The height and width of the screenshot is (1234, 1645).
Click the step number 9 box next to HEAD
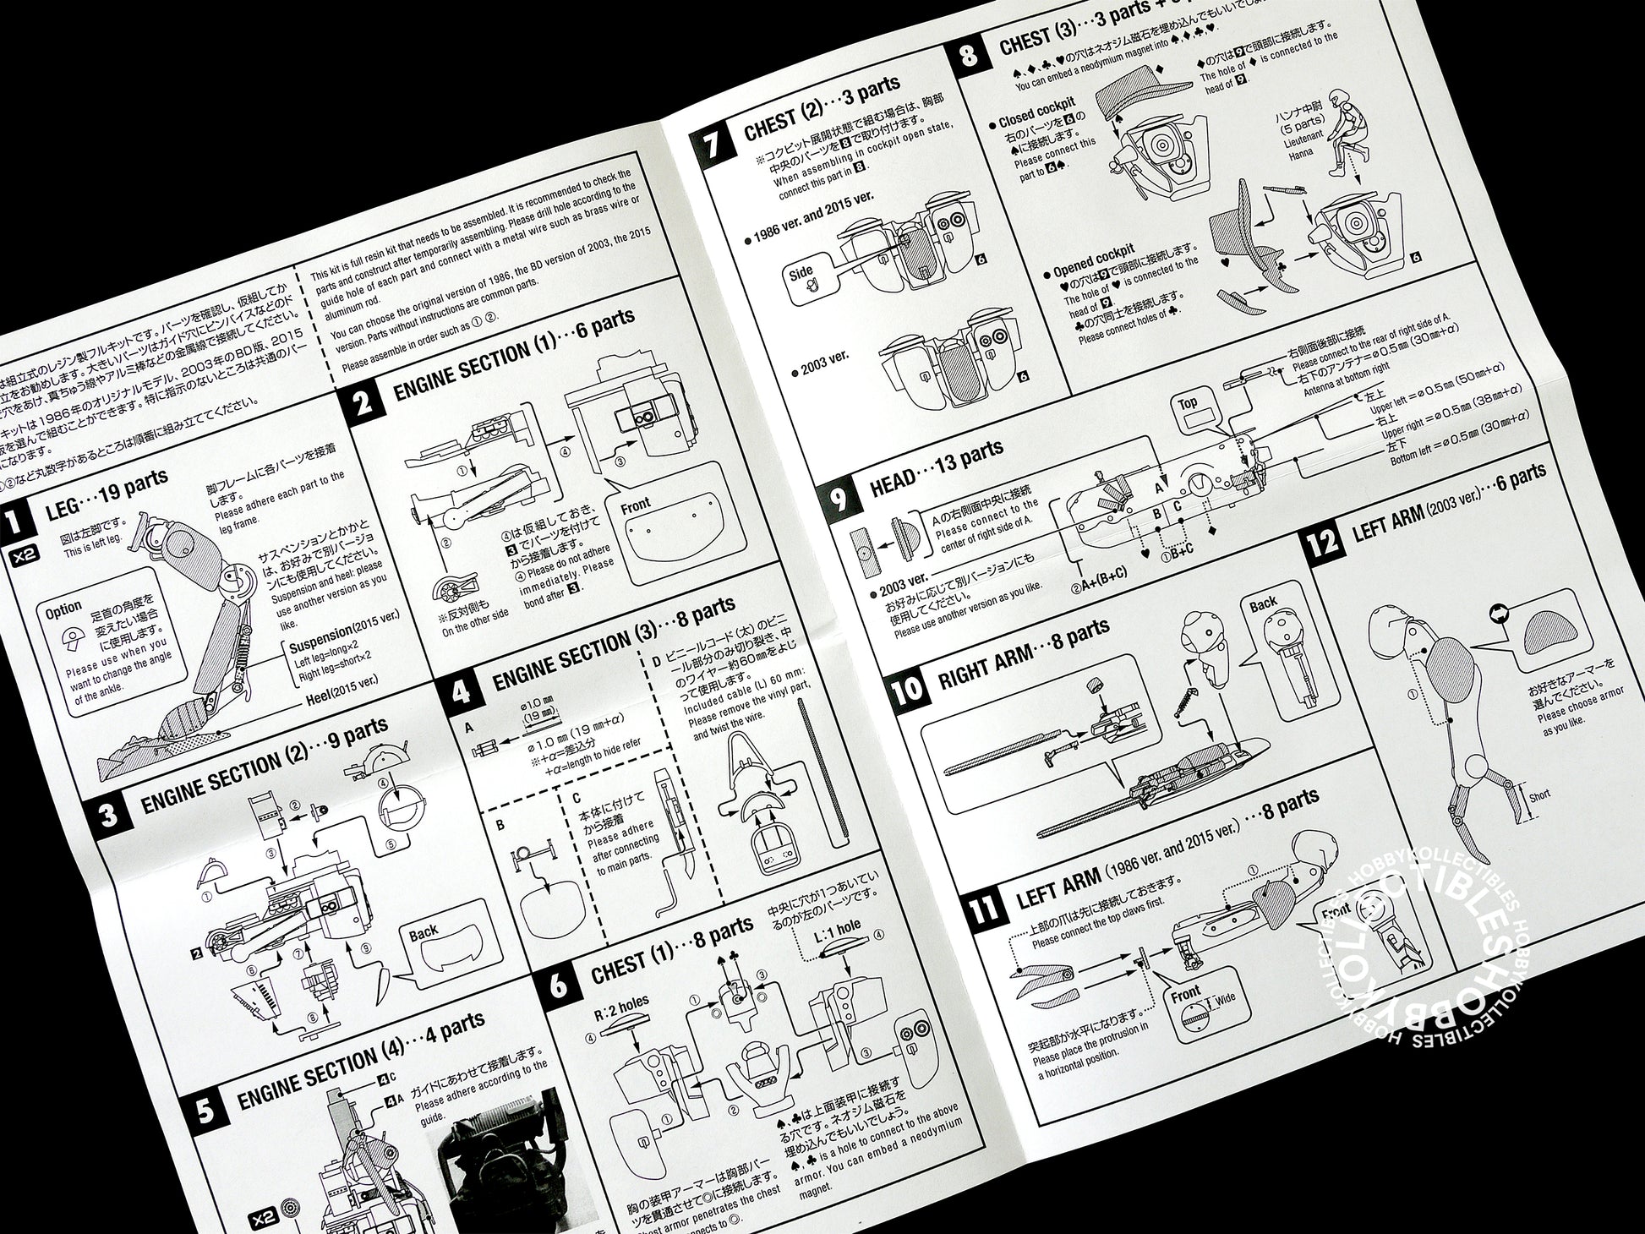[839, 500]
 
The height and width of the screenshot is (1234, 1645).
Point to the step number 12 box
[1325, 541]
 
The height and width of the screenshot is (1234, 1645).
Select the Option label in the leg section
[63, 609]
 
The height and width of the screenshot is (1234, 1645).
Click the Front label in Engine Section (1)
[636, 505]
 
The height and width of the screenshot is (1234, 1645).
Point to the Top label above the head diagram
[1188, 403]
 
